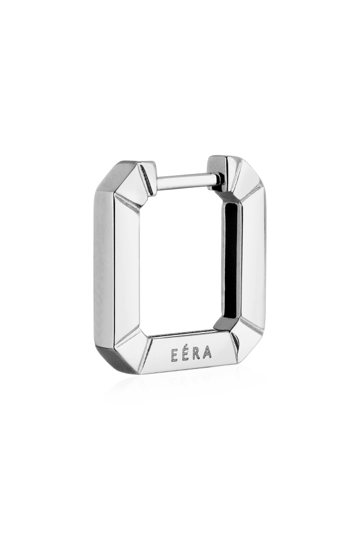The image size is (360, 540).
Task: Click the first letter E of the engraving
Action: click(x=169, y=352)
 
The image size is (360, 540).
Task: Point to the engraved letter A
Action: click(x=208, y=352)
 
